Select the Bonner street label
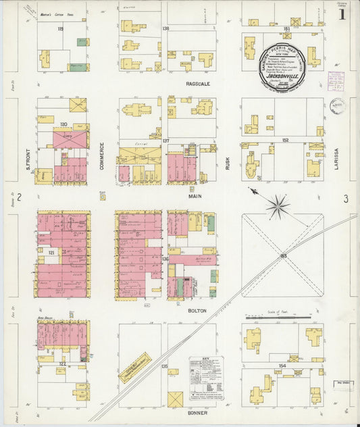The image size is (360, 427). [x=197, y=413]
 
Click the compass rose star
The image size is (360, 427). [x=277, y=206]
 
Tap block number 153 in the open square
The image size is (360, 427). [x=282, y=255]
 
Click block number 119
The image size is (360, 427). [x=60, y=29]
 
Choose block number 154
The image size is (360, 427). [x=282, y=366]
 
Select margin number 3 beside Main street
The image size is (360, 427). [x=345, y=199]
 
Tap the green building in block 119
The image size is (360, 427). [x=78, y=67]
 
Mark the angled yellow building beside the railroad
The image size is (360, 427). [x=134, y=368]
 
